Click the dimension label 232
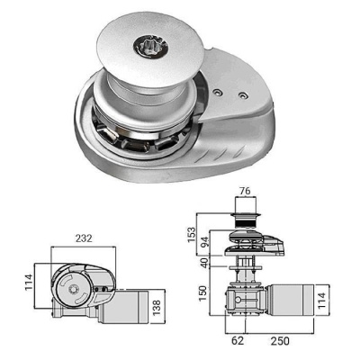[84, 238]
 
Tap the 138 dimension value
[157, 306]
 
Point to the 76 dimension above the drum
[245, 191]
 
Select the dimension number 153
[191, 235]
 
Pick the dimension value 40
[204, 263]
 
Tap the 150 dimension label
[202, 293]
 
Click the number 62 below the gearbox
[238, 341]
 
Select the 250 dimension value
[280, 341]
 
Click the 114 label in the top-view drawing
[29, 282]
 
